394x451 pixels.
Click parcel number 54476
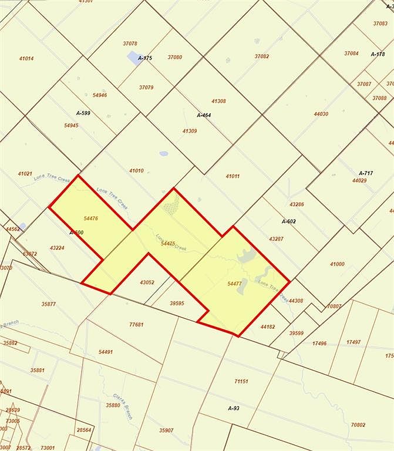[x=90, y=218]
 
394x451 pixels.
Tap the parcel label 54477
[x=234, y=283]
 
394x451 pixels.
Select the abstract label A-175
[x=145, y=58]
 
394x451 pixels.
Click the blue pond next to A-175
[x=133, y=57]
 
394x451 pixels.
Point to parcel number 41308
[x=218, y=101]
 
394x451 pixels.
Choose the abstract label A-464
[x=204, y=115]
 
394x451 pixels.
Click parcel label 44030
[x=321, y=114]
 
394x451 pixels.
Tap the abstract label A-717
[x=365, y=173]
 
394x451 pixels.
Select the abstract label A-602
[x=288, y=221]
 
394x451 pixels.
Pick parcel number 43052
[x=147, y=282]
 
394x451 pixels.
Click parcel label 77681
[x=136, y=324]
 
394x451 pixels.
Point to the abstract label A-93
[x=233, y=408]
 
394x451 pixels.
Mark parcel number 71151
[x=241, y=382]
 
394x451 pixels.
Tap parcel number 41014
[x=26, y=58]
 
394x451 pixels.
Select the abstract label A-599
[x=83, y=113]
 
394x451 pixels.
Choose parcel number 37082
[x=262, y=56]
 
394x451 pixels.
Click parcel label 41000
[x=337, y=264]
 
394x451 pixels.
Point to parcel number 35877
[x=49, y=304]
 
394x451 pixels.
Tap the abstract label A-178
[x=378, y=54]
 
